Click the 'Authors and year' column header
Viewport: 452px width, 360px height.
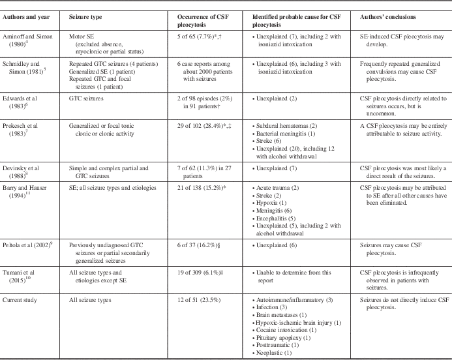[x=26, y=17]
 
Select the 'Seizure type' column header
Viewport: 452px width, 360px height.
[x=85, y=17]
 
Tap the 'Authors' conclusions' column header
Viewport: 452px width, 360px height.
[x=387, y=17]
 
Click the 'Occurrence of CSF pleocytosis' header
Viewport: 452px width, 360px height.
[x=203, y=21]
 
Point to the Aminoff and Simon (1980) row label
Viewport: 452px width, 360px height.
[x=27, y=40]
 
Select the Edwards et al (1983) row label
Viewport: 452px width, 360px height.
[x=20, y=102]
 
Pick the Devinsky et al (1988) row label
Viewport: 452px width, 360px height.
[x=21, y=172]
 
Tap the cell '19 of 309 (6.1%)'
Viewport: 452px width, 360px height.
[x=200, y=273]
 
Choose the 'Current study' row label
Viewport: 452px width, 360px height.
[x=20, y=300]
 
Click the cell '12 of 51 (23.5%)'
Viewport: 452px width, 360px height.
[x=199, y=300]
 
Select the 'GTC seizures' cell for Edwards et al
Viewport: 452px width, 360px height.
[x=86, y=98]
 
